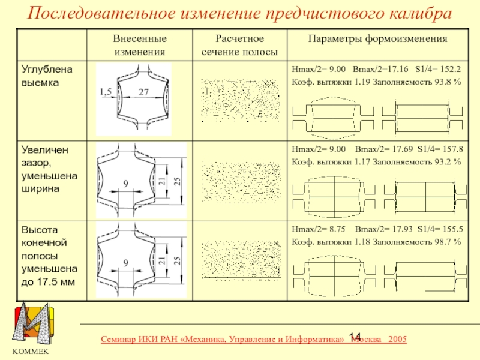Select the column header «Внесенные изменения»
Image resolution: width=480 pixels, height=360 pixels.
pyautogui.click(x=140, y=45)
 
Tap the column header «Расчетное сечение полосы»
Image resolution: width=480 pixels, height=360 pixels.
pyautogui.click(x=239, y=45)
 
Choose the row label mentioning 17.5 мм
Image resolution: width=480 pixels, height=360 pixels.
pyautogui.click(x=49, y=255)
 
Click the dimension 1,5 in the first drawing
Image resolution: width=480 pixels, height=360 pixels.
pyautogui.click(x=106, y=92)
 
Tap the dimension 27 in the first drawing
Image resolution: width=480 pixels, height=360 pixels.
pyautogui.click(x=143, y=92)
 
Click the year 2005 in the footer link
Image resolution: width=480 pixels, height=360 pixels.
pyautogui.click(x=397, y=340)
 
